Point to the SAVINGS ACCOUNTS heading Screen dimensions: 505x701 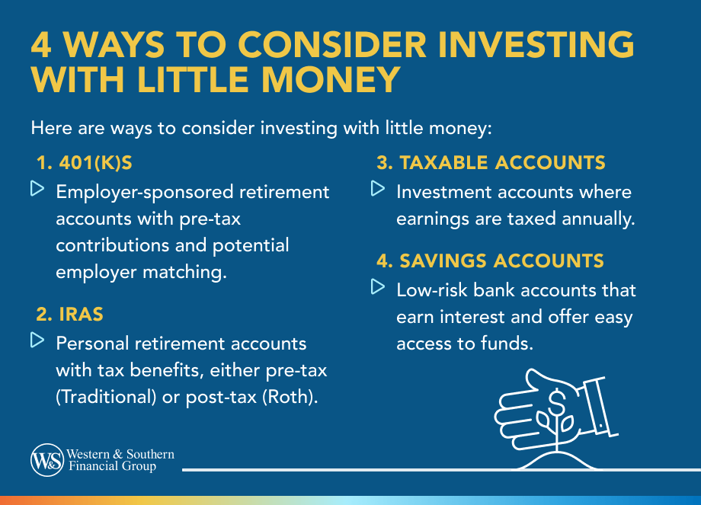(x=490, y=261)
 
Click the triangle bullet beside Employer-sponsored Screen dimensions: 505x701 (x=37, y=188)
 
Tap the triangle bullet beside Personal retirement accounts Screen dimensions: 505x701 (x=37, y=340)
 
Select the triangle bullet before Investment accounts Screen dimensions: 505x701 (x=376, y=188)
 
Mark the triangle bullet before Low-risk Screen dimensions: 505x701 (x=376, y=288)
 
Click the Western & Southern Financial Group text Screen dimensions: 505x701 (x=121, y=460)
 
